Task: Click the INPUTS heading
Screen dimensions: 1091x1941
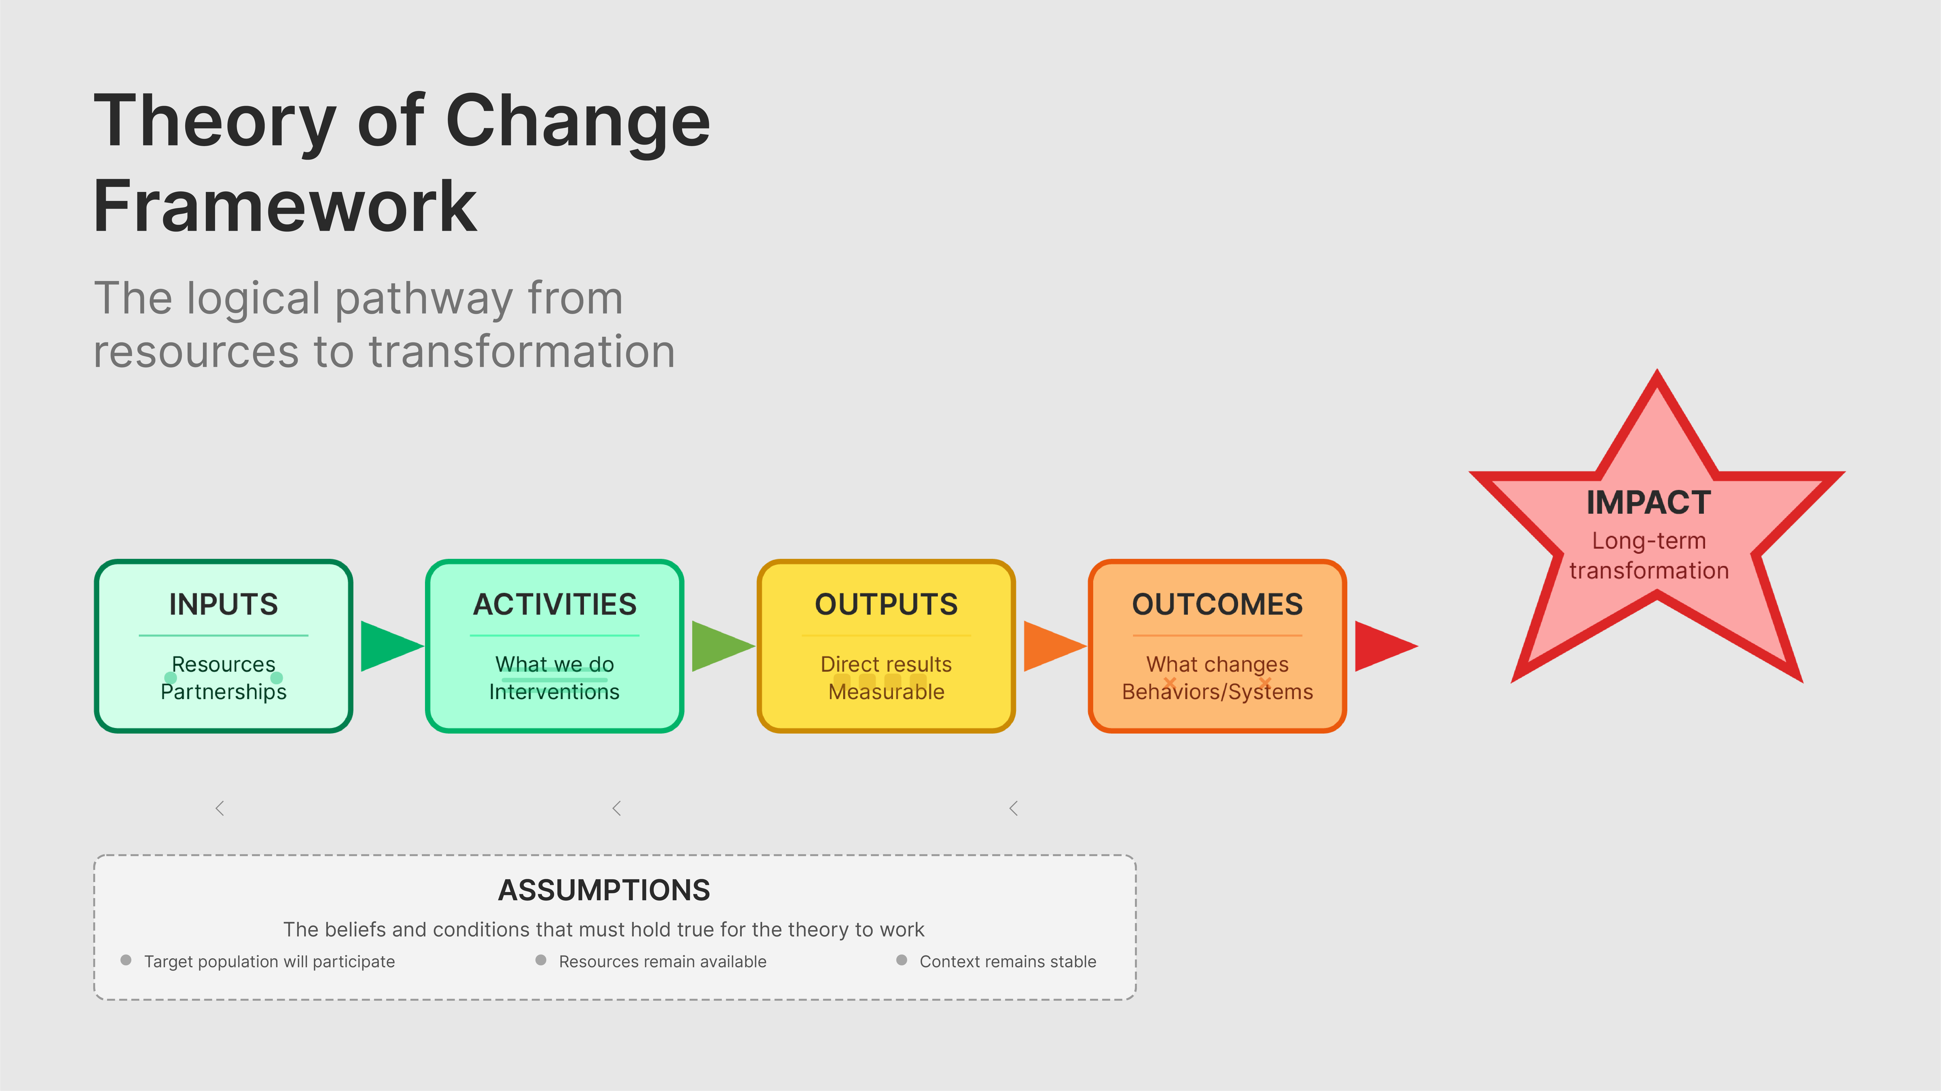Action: click(223, 604)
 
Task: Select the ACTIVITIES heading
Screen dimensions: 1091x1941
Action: click(555, 604)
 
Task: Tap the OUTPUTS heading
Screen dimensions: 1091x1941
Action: click(886, 604)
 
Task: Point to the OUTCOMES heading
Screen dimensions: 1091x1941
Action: click(1217, 604)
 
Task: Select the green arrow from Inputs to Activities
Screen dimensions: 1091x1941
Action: click(388, 646)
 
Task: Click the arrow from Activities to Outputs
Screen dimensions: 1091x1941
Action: click(720, 646)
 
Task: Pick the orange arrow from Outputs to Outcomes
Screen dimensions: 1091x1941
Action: click(1051, 646)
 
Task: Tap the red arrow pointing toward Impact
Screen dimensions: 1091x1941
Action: click(1383, 646)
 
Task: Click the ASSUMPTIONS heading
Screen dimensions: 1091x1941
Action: click(604, 890)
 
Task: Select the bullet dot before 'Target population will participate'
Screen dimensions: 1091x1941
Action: click(126, 960)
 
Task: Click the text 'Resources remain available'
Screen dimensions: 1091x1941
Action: click(662, 961)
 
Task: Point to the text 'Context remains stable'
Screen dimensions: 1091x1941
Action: click(1008, 961)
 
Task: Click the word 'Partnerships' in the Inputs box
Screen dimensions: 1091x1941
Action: click(223, 692)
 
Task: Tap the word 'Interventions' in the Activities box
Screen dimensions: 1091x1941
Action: click(555, 692)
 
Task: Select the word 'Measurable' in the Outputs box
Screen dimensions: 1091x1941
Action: click(886, 692)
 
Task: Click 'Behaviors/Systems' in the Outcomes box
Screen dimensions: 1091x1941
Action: click(1217, 692)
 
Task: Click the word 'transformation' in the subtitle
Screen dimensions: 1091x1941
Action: click(521, 352)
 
